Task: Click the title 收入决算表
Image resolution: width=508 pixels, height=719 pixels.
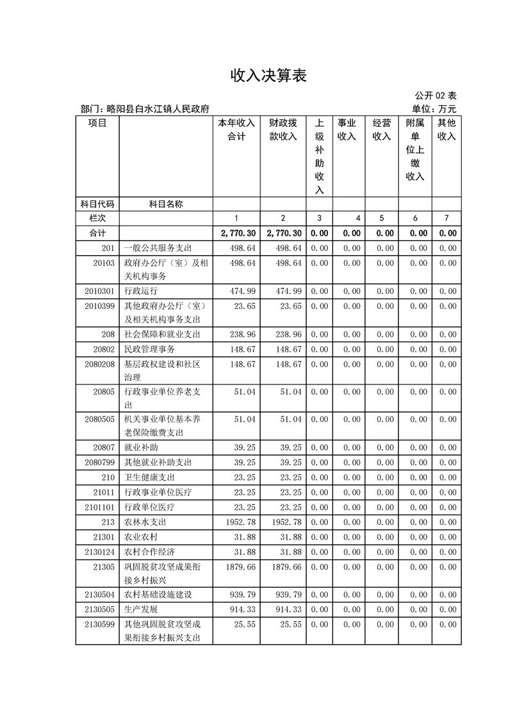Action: (269, 76)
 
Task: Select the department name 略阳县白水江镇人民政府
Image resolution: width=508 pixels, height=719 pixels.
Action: (158, 110)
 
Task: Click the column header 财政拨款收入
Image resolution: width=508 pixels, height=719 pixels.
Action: (283, 129)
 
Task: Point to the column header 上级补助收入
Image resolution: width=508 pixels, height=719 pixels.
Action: (319, 156)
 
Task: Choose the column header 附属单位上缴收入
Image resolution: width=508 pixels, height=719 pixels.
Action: (415, 149)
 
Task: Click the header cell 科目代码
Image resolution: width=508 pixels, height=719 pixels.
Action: (97, 204)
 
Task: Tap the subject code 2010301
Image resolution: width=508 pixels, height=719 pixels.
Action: (99, 291)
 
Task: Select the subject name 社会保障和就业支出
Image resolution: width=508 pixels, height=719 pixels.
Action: (162, 335)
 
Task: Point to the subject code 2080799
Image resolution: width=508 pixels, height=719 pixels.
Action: (99, 462)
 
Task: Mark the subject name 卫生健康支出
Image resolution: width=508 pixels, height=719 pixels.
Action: (149, 477)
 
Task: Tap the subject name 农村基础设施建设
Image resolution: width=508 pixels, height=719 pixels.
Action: (158, 595)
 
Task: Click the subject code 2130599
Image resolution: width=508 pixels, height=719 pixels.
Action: (99, 624)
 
